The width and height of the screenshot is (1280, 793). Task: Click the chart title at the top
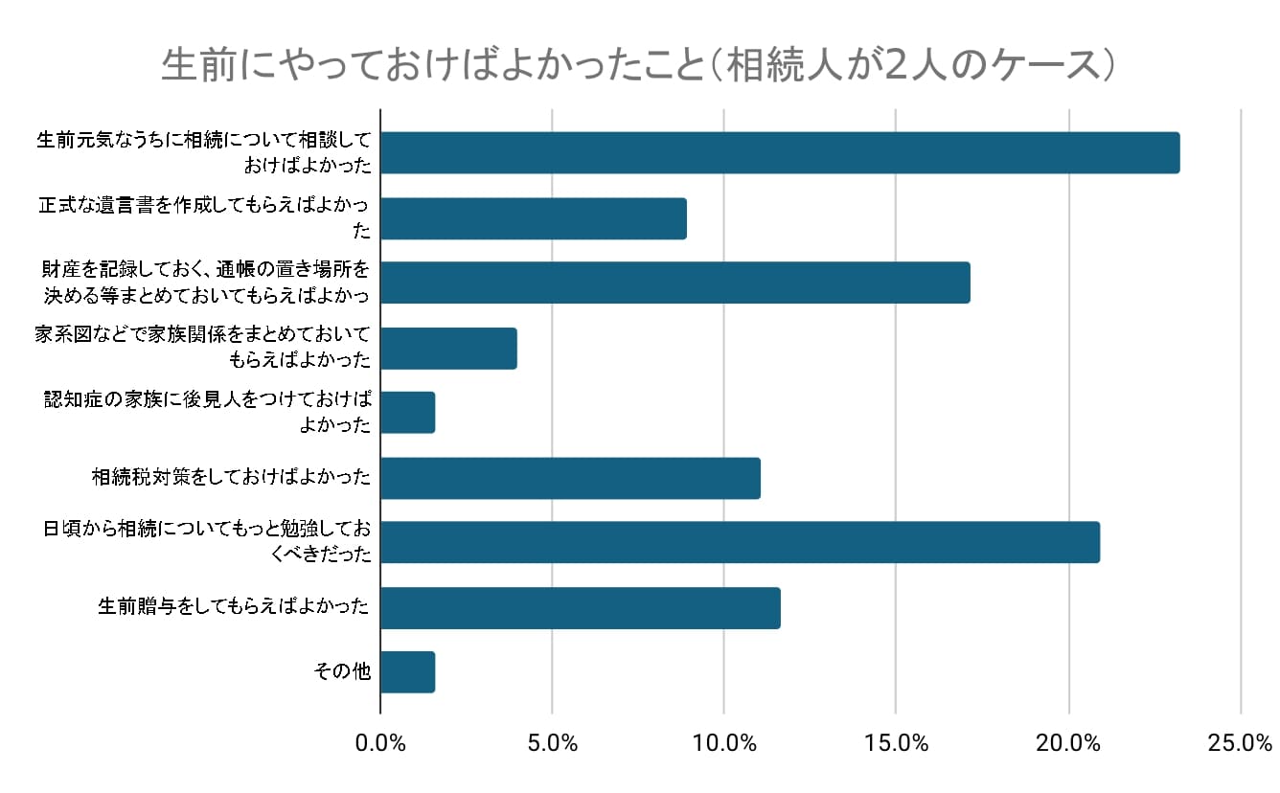638,66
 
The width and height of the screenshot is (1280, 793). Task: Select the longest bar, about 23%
780,153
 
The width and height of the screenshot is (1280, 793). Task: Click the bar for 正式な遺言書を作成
534,218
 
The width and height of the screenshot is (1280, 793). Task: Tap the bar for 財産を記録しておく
675,283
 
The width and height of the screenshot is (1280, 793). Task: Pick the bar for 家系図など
448,349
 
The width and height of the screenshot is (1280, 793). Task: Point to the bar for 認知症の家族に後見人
408,413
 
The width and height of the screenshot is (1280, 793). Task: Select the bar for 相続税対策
570,478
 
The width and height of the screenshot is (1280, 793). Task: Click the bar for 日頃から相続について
740,542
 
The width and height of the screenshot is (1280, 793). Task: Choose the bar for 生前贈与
581,608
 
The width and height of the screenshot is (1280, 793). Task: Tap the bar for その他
408,672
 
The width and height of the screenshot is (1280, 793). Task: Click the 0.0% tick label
380,742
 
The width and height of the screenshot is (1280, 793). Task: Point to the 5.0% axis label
552,742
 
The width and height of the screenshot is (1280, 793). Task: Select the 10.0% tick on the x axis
723,742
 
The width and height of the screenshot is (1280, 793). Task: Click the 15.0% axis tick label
896,742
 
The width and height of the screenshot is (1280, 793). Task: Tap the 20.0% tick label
1068,742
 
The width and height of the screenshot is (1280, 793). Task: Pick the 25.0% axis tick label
1240,742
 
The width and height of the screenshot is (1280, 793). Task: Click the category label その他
343,671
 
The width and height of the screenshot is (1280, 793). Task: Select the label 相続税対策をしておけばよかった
231,477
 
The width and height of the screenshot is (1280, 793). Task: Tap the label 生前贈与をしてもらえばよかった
234,606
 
